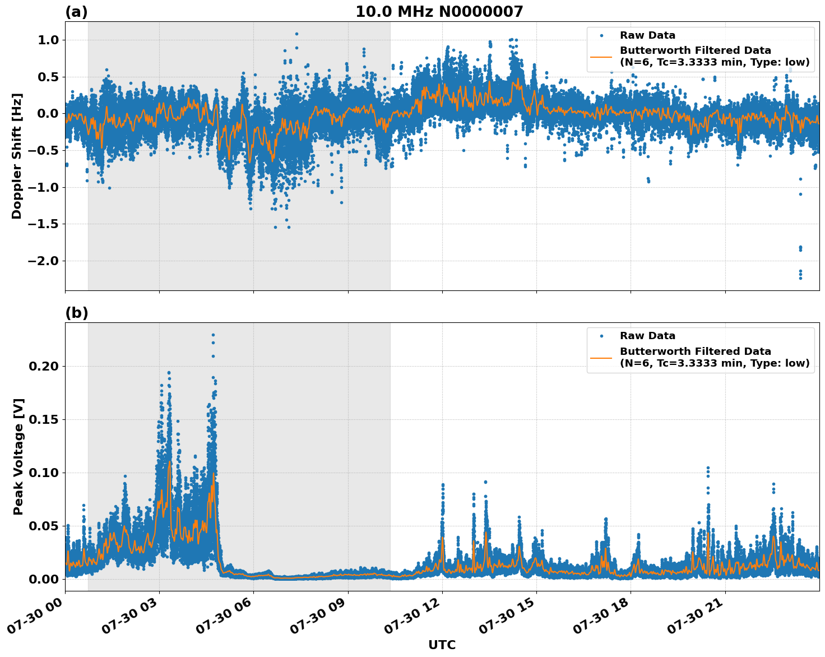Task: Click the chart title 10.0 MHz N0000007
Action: (x=439, y=12)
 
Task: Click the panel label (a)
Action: (x=76, y=12)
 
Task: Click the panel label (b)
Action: (x=76, y=313)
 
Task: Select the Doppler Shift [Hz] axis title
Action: (x=17, y=156)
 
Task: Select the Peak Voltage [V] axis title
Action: (x=18, y=456)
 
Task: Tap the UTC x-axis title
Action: (x=442, y=645)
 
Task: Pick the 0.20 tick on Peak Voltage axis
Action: (x=45, y=366)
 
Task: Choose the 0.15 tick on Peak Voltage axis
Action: (x=45, y=419)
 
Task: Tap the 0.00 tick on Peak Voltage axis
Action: (x=45, y=579)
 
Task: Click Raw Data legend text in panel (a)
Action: (x=647, y=35)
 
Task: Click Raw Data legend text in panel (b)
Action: (x=647, y=336)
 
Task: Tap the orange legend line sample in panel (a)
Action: (x=601, y=56)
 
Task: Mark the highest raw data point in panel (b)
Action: (x=213, y=335)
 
